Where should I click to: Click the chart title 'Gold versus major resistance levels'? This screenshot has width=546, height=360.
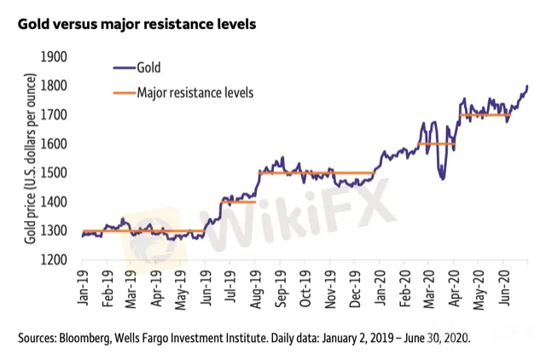point(136,24)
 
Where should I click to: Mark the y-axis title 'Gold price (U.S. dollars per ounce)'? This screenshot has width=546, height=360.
point(30,158)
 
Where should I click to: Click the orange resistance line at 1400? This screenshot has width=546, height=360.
point(239,201)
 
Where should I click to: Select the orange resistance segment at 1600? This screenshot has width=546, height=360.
point(435,143)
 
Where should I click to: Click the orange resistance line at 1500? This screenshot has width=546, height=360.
point(316,172)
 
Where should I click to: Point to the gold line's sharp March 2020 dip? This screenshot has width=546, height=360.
point(441,177)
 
